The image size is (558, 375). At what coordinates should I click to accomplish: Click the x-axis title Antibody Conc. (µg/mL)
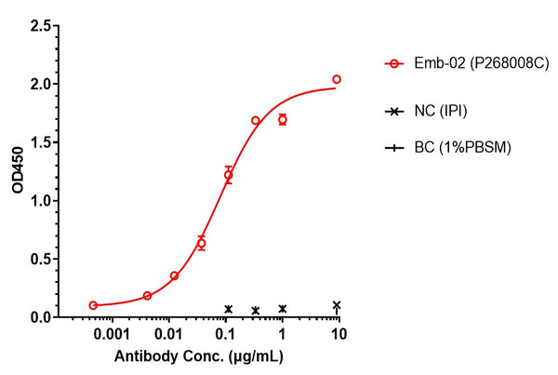(198, 356)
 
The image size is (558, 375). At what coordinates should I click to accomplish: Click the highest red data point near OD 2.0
(337, 79)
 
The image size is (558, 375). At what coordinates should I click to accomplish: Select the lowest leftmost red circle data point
(93, 305)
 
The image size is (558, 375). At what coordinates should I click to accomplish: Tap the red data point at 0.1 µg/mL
(228, 175)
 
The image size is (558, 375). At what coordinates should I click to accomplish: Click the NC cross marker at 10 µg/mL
(337, 305)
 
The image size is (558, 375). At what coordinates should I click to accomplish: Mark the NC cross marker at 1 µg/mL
(282, 308)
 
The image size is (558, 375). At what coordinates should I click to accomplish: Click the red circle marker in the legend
(395, 64)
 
